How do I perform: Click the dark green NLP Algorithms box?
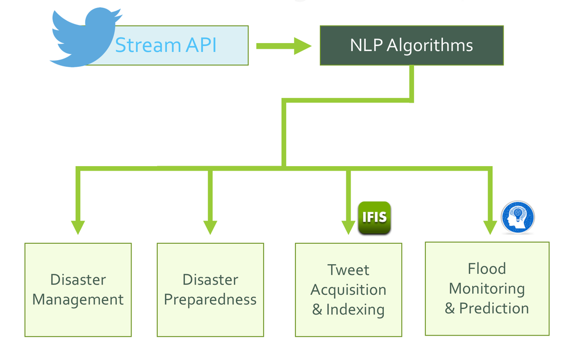tap(412, 45)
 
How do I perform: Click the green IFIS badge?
tap(375, 218)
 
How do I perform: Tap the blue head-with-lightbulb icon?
tap(518, 217)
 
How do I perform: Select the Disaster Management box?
tap(78, 290)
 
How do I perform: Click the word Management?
tap(78, 300)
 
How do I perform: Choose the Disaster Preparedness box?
tap(210, 290)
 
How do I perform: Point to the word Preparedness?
tap(210, 300)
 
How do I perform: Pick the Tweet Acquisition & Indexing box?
tap(348, 290)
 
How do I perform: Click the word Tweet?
tap(348, 270)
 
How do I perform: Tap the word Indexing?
tap(355, 310)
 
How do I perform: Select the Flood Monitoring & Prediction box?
tap(487, 289)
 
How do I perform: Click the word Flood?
tap(487, 268)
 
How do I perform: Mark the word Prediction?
tap(494, 308)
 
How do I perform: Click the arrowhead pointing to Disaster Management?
tap(78, 226)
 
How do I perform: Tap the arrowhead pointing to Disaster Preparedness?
tap(210, 226)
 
